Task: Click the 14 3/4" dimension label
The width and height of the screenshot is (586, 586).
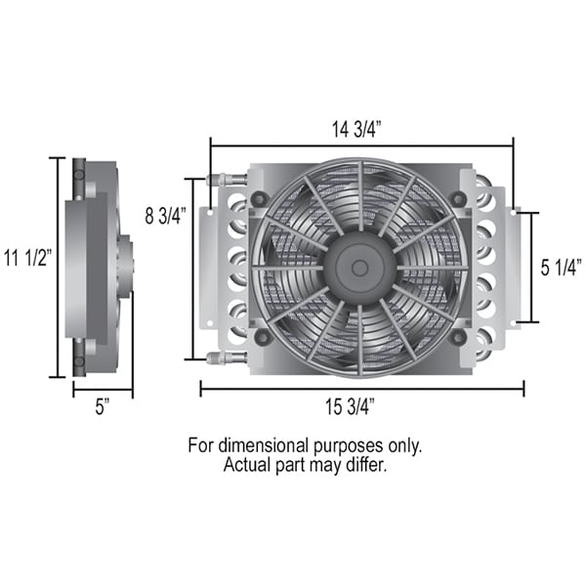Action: click(x=356, y=129)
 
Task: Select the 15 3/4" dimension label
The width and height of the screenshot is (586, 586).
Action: click(x=350, y=406)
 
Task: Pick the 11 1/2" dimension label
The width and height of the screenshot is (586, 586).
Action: click(x=27, y=258)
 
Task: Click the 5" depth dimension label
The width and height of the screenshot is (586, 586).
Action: click(x=103, y=406)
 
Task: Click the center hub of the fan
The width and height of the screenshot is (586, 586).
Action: click(x=359, y=268)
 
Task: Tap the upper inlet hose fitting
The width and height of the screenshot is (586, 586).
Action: click(x=227, y=179)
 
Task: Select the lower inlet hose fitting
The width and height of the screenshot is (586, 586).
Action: click(x=227, y=357)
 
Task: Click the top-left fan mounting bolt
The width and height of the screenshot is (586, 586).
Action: click(x=260, y=198)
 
